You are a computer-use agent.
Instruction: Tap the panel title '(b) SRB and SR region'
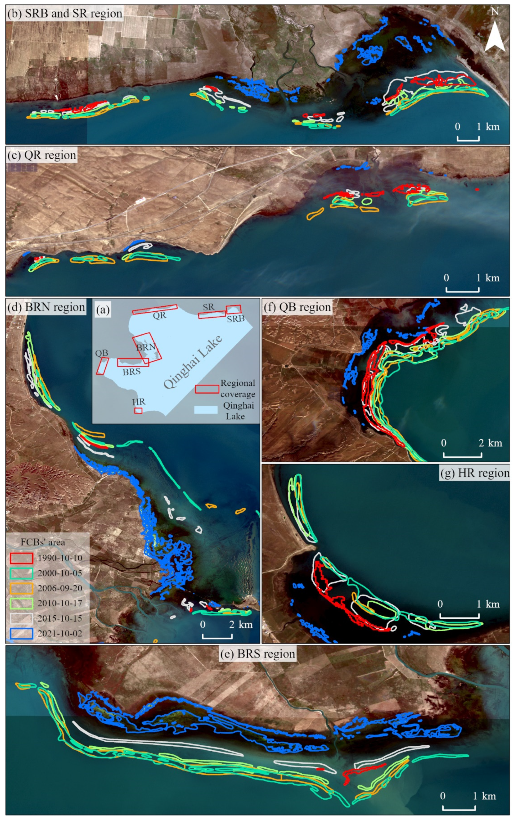65,14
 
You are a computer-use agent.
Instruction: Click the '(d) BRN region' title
46,307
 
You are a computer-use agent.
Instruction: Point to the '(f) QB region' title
297,307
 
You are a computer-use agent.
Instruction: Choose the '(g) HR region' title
475,473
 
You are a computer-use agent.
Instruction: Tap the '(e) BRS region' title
258,654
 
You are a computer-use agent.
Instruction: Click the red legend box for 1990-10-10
21,558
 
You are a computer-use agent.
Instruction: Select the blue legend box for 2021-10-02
21,633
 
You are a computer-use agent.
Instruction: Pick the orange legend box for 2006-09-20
21,588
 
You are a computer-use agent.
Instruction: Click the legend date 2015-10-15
60,618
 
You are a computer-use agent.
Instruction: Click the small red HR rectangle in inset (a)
138,410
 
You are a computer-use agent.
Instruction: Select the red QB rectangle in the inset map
102,366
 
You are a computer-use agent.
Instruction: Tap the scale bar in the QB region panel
462,454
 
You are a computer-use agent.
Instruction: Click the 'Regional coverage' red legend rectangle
207,389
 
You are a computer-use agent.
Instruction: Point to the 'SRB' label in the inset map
236,319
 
